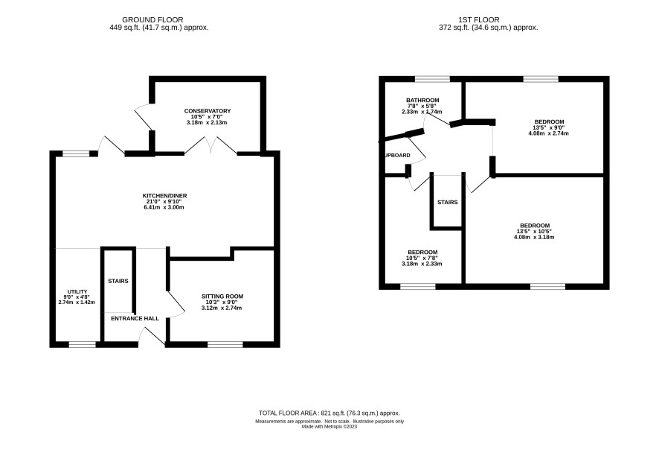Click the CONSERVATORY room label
(x=208, y=111)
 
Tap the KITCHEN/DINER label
(x=165, y=196)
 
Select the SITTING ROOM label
(x=222, y=297)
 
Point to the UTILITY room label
(x=77, y=292)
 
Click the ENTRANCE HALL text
(x=135, y=319)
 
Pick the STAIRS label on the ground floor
(x=118, y=281)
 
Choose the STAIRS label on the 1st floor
(x=448, y=203)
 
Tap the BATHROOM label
(x=422, y=100)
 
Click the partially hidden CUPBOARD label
(x=398, y=155)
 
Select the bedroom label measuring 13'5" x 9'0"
(x=548, y=122)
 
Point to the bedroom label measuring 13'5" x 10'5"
(x=534, y=226)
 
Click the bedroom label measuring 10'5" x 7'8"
(x=422, y=253)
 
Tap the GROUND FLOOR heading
(x=152, y=20)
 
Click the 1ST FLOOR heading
(x=479, y=20)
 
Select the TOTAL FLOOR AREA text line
(x=329, y=413)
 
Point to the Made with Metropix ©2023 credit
(x=329, y=426)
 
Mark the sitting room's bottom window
(x=225, y=345)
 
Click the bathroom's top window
(x=432, y=79)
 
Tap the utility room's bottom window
(x=83, y=345)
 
